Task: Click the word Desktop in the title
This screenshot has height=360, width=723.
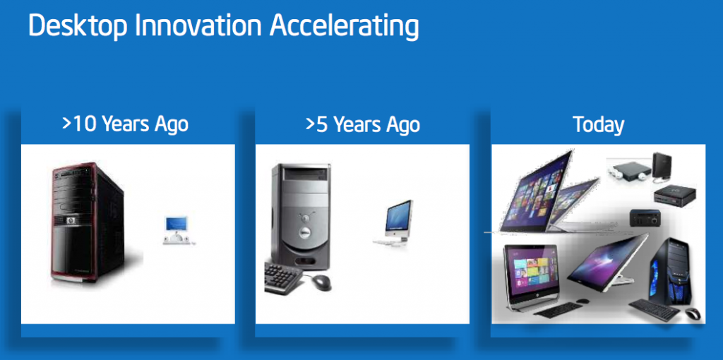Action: (x=77, y=26)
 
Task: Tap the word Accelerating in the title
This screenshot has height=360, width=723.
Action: (x=345, y=26)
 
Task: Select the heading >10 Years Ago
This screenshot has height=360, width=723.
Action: (x=125, y=125)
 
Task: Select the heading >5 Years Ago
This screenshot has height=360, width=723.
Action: (x=362, y=125)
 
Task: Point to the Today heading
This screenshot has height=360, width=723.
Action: (x=598, y=125)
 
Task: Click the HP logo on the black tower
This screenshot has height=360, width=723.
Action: (x=71, y=220)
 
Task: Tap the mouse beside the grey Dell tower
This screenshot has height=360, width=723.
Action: (x=321, y=282)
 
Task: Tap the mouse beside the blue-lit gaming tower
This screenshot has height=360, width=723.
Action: (x=692, y=313)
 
